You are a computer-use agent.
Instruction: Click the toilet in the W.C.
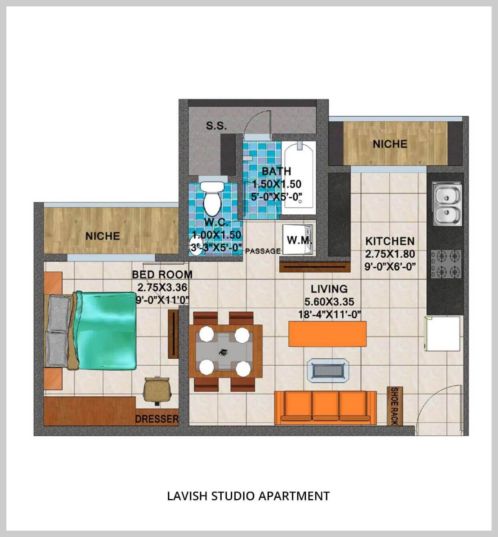212,197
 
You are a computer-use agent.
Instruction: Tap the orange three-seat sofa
325,407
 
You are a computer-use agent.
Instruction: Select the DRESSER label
156,419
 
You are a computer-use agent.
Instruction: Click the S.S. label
216,126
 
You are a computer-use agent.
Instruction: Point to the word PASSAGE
263,251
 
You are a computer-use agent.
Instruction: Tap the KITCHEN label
390,241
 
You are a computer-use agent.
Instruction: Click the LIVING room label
329,289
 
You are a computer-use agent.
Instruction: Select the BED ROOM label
162,275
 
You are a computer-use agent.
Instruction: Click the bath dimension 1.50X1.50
276,184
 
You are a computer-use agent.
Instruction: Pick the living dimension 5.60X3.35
329,302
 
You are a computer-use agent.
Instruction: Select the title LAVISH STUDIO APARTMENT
248,496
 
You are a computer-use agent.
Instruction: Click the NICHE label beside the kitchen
390,144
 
